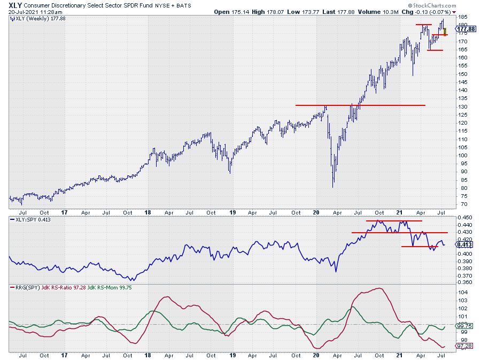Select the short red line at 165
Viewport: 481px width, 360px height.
[x=435, y=50]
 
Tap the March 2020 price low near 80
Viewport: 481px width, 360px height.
[x=333, y=187]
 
